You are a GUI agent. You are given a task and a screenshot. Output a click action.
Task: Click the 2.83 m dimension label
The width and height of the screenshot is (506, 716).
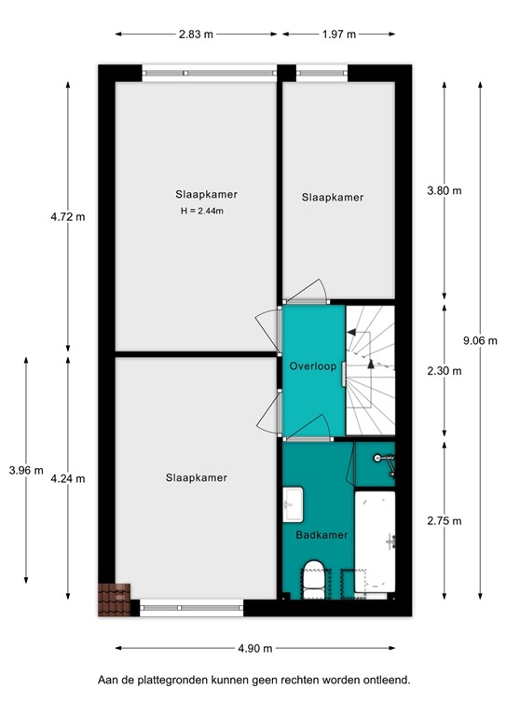coord(197,34)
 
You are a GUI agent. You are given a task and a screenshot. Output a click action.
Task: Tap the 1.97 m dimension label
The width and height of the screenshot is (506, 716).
coord(338,34)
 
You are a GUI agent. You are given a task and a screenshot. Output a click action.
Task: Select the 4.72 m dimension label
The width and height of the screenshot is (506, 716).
coord(68,217)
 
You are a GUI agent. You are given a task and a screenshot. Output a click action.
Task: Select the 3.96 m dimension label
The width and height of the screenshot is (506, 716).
coord(26,470)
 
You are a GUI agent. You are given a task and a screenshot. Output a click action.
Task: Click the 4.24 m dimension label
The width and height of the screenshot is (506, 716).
coord(68,478)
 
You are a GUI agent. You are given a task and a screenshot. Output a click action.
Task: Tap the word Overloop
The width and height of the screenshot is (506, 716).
coord(312,365)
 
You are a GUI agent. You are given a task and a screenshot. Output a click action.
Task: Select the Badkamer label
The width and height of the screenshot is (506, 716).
coord(321,535)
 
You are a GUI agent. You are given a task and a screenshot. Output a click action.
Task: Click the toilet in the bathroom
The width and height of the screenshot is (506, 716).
coord(313,578)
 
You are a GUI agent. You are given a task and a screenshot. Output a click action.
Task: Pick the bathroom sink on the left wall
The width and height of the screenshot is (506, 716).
coord(291,504)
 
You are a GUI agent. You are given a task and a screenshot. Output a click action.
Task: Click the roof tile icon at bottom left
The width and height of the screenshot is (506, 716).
coord(116,599)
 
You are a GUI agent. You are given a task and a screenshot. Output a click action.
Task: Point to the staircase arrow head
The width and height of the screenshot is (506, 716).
coord(370,364)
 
